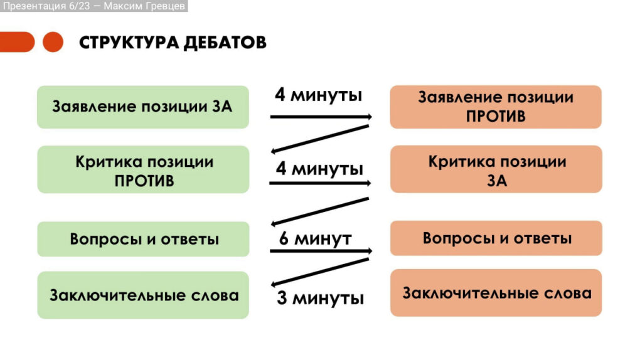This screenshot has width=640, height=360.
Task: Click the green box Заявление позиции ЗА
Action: coord(142,107)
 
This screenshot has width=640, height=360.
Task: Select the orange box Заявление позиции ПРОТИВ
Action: coord(496,107)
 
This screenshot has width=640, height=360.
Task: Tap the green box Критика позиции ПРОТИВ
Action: coord(142,170)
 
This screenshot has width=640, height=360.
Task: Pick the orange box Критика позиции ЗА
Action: coord(496,170)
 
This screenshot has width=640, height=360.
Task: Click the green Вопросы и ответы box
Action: coord(142,239)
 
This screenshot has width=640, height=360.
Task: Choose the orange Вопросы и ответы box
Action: coord(496,238)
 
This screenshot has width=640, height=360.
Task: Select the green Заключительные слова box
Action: coord(142,295)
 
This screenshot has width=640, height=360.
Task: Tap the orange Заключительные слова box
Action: coord(496,293)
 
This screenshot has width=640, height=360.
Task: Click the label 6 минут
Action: coord(315,239)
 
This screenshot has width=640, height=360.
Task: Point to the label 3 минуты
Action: coord(320,298)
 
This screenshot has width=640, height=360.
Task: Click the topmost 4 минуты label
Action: coord(319,95)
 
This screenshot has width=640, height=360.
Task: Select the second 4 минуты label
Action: coord(319,169)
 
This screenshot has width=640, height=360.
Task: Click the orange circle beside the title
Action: coord(53,42)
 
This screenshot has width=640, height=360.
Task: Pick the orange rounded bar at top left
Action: coord(16,42)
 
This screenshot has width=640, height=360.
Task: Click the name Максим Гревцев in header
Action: coord(144,6)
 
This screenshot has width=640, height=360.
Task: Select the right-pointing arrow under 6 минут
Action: coord(320,251)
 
